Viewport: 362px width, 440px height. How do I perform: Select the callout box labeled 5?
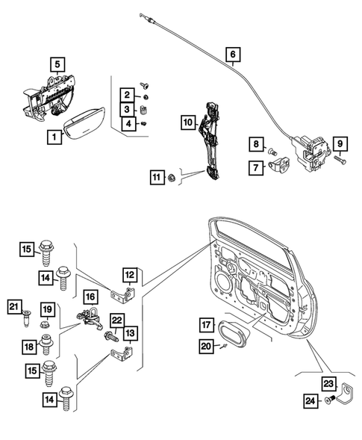[x=57, y=64]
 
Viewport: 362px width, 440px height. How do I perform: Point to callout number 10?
[x=187, y=121]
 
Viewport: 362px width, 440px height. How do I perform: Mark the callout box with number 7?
[x=256, y=168]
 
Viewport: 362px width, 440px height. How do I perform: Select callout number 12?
[x=130, y=274]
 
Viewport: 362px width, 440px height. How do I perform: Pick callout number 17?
[x=206, y=325]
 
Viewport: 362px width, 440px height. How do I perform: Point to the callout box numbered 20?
[x=206, y=345]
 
